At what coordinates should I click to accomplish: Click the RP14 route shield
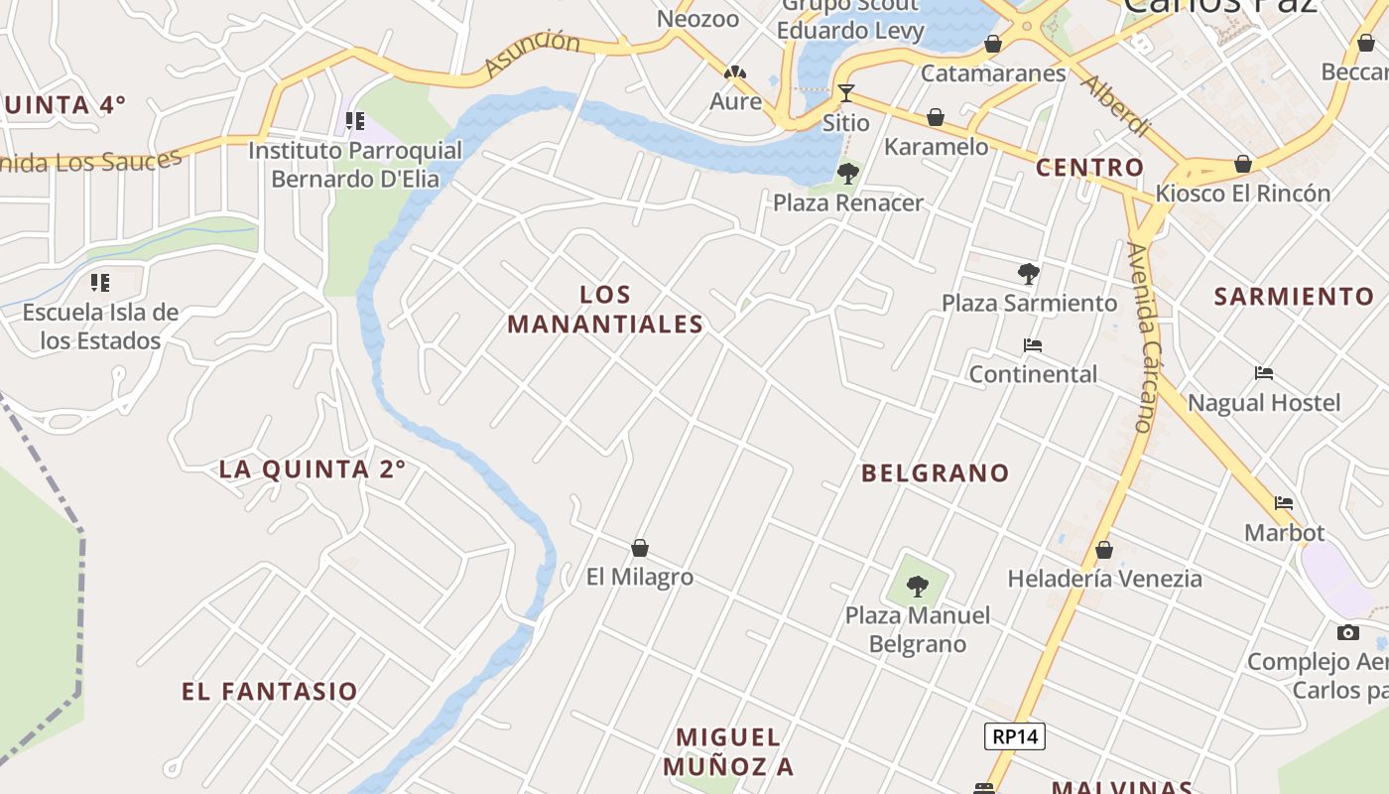coord(1015,736)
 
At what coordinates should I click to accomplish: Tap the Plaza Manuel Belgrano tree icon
coord(918,587)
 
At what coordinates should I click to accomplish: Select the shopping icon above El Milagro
coord(640,548)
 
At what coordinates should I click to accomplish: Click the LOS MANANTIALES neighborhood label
coord(605,309)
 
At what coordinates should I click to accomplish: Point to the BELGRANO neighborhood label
coord(935,473)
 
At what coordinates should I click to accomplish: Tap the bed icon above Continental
coord(1033,345)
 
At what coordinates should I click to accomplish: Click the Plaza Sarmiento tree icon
coord(1029,274)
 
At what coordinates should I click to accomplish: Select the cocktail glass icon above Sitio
coord(845,93)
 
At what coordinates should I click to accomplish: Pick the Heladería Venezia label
coord(1104,578)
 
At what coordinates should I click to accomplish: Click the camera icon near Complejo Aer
coord(1347,632)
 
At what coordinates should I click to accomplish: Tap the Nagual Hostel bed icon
coord(1264,374)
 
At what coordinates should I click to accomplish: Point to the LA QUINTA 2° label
coord(313,469)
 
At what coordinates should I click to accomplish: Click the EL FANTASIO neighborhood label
coord(269,692)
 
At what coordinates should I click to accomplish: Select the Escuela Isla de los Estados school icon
coord(100,283)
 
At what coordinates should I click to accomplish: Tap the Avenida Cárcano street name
coord(1144,337)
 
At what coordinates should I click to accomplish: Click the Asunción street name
coord(532,54)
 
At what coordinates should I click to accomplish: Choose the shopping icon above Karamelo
coord(936,118)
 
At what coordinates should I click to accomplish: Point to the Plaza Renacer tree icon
coord(848,175)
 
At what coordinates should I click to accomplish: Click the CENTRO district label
coord(1089,168)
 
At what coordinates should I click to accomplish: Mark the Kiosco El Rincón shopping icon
coord(1243,164)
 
